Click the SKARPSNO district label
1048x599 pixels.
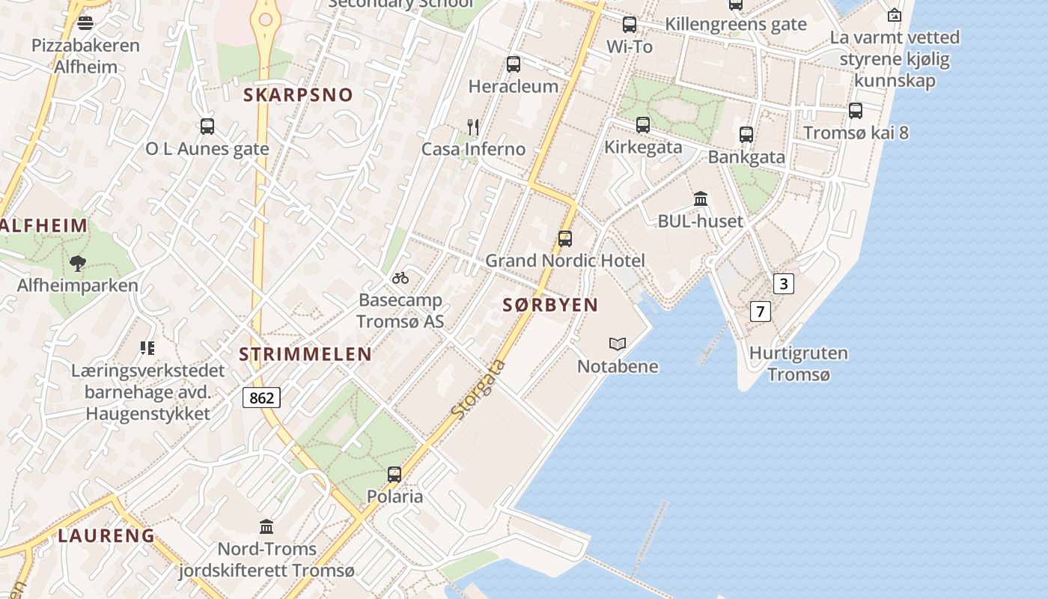pos(298,95)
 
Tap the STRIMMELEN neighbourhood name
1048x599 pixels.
pos(305,354)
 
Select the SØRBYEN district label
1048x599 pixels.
pos(550,305)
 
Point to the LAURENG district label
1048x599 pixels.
pos(106,535)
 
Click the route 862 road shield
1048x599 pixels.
pos(261,398)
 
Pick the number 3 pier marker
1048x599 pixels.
pos(783,284)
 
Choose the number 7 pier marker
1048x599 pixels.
pos(760,311)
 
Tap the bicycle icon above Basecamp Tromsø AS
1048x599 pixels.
pos(400,278)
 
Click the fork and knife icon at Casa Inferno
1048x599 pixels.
pos(472,127)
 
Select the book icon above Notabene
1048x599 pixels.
pos(618,344)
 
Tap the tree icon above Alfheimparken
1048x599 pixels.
pos(77,263)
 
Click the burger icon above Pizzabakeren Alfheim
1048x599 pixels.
pos(85,22)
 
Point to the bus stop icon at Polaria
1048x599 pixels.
pos(394,474)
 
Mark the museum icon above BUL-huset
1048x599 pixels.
pos(701,198)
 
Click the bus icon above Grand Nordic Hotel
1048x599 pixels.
pos(565,239)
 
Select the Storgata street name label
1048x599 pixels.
pos(479,389)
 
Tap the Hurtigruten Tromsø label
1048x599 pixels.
pos(799,363)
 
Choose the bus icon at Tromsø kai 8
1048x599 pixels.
pos(856,111)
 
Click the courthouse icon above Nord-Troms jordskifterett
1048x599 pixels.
pos(266,526)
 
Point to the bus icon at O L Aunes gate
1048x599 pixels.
pos(207,126)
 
